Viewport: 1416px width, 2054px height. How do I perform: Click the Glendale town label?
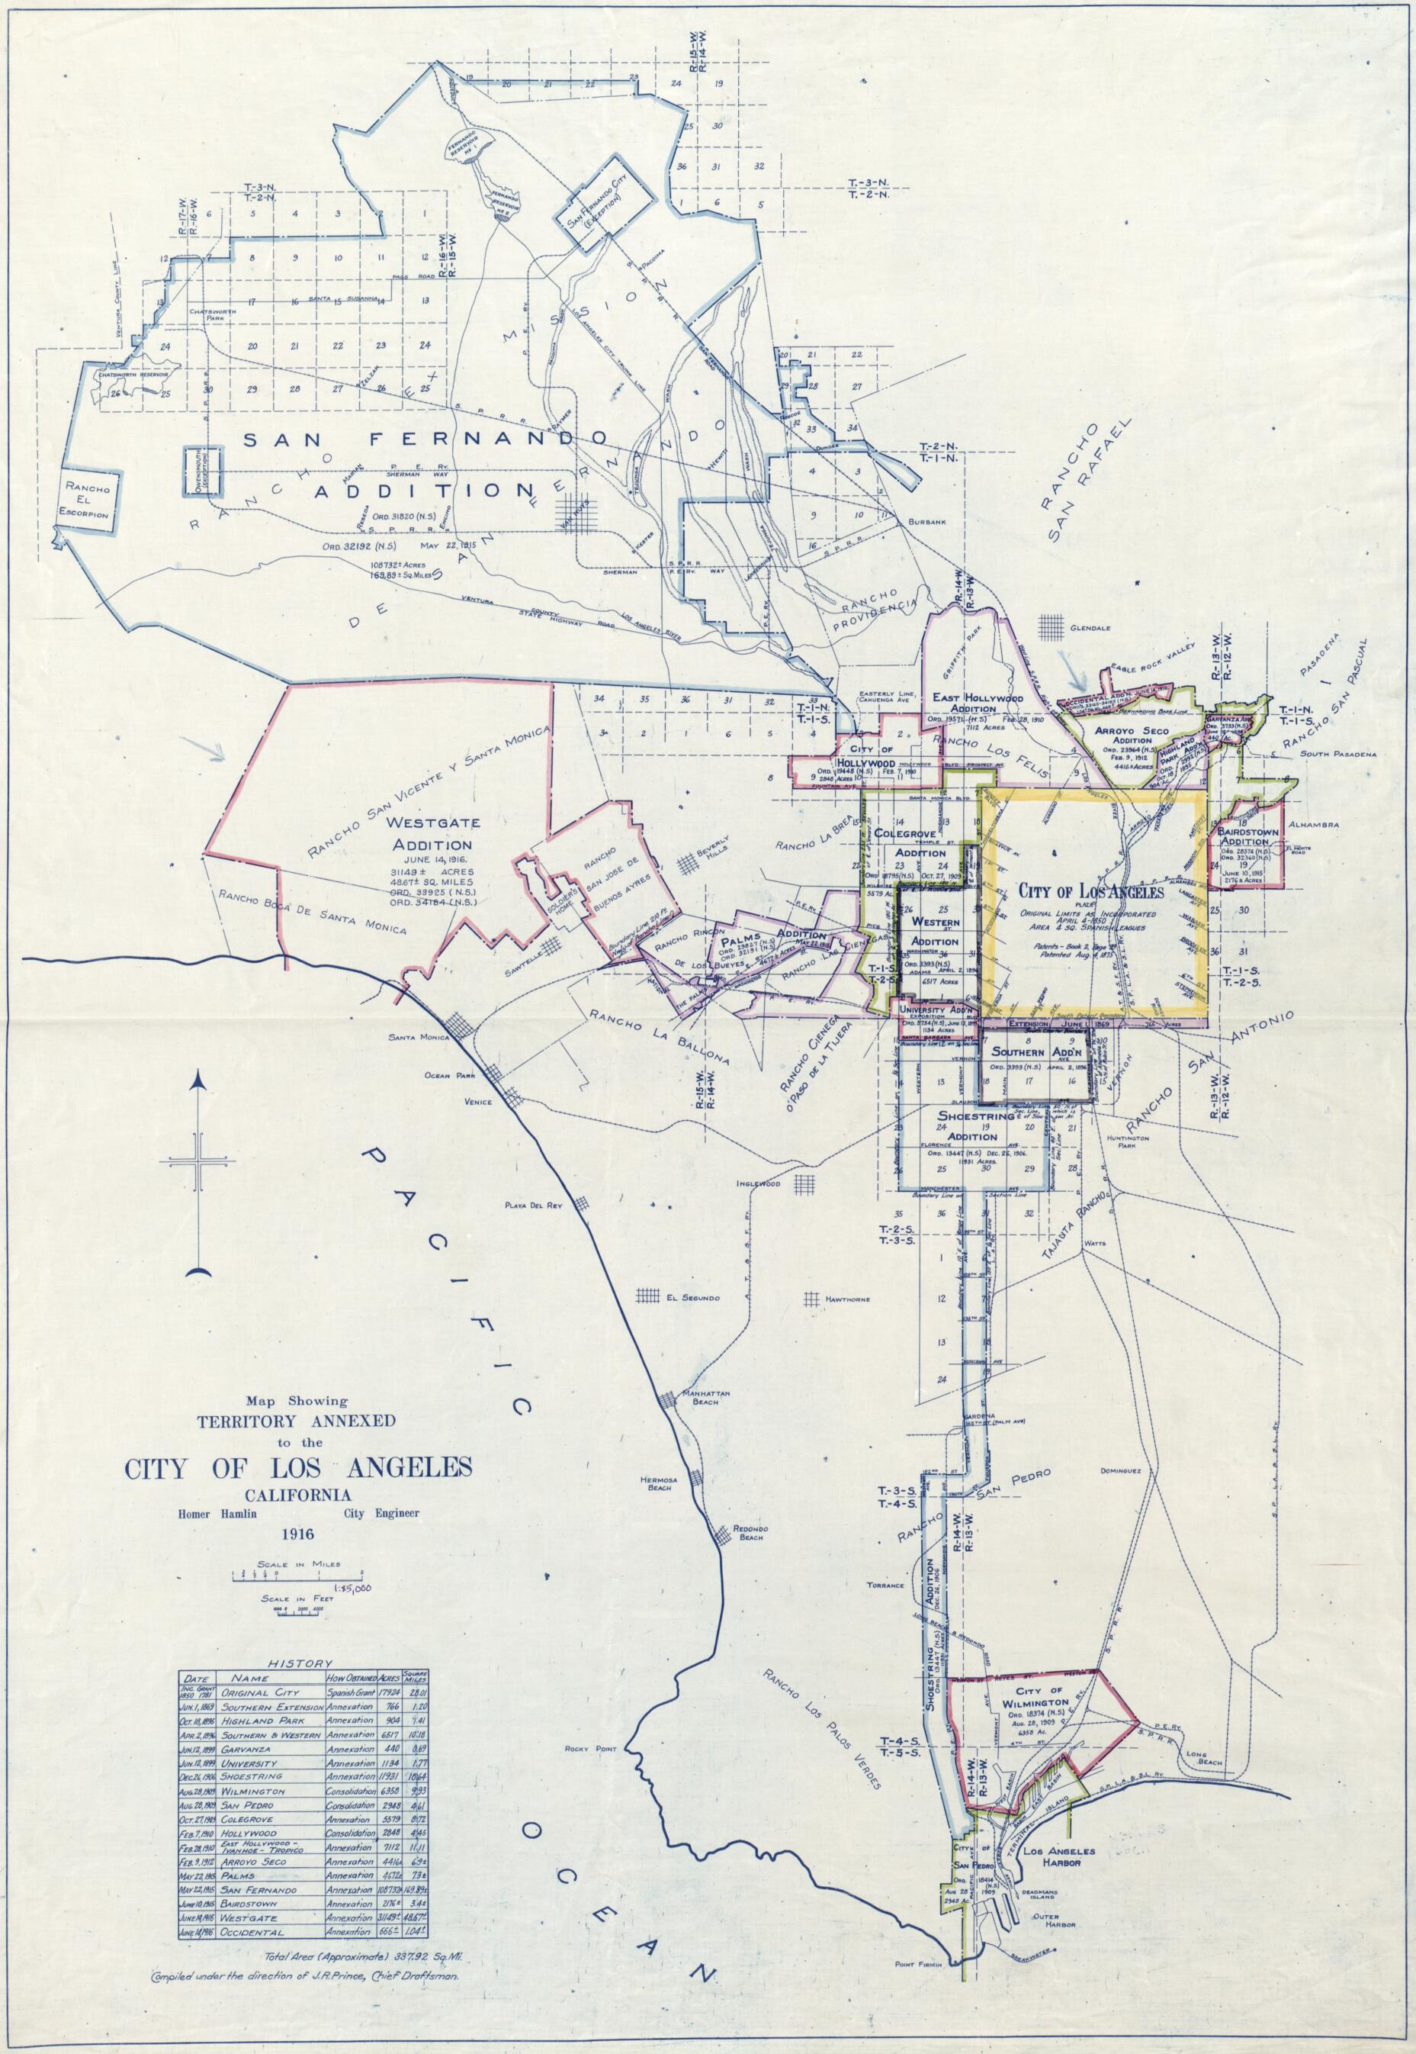[1090, 627]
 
